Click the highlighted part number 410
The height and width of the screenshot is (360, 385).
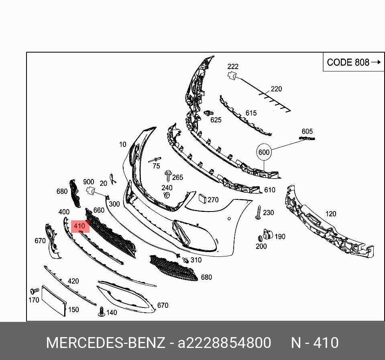[79, 226]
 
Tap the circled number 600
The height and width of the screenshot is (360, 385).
[264, 152]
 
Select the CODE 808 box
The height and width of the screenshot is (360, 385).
[353, 62]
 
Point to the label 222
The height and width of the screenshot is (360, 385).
[233, 67]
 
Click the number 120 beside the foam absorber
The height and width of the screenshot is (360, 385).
[330, 214]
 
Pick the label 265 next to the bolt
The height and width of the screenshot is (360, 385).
[177, 177]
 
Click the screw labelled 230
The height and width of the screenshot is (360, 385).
[258, 213]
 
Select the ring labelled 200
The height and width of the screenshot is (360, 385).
[259, 239]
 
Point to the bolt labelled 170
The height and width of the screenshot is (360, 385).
[34, 290]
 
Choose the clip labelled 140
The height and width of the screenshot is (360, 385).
[101, 311]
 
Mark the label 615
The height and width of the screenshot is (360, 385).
[251, 113]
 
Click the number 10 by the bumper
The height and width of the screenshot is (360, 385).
[122, 144]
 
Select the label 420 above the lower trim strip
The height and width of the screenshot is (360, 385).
[73, 281]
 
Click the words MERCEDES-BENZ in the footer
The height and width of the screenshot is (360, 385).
[105, 343]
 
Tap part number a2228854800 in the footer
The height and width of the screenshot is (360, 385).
[224, 343]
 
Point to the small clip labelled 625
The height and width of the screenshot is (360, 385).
[208, 114]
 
